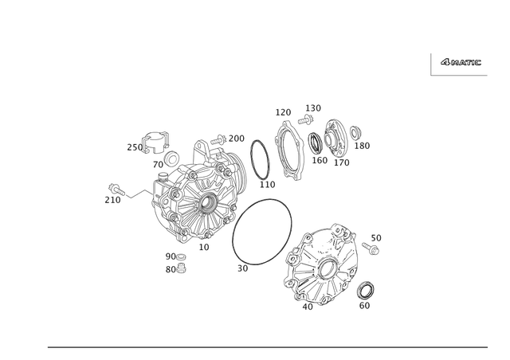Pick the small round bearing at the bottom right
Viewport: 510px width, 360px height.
coord(366,288)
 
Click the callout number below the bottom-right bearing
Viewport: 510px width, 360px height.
coord(366,304)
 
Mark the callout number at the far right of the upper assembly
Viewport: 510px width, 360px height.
coord(364,147)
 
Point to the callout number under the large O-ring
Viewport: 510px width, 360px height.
coord(243,268)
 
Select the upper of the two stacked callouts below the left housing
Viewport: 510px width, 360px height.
coord(175,256)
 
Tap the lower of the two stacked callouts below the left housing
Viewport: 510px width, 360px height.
coord(175,270)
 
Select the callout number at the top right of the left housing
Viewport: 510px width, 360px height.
coord(235,137)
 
